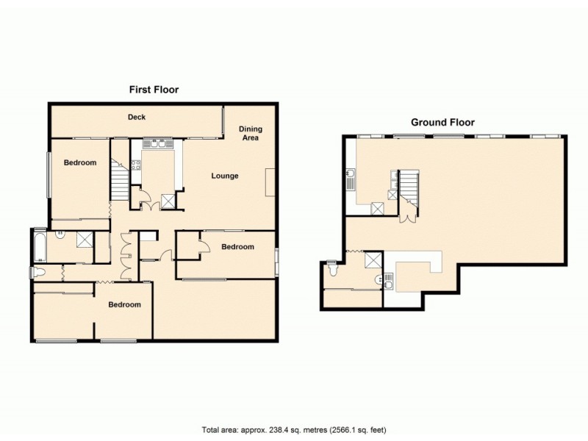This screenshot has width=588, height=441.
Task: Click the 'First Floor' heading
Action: coord(154,90)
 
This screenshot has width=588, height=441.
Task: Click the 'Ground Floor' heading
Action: coord(442,123)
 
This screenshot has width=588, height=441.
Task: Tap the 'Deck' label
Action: coord(137,117)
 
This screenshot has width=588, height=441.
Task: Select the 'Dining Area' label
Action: coord(251,133)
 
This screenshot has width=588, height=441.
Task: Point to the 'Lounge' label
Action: coord(225,176)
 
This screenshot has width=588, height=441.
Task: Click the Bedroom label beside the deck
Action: coord(79,162)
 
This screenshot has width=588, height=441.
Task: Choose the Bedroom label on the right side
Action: coord(237,247)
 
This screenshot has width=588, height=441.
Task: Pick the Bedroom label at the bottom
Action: coord(124,304)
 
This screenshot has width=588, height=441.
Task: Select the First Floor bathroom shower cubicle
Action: coord(85,238)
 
